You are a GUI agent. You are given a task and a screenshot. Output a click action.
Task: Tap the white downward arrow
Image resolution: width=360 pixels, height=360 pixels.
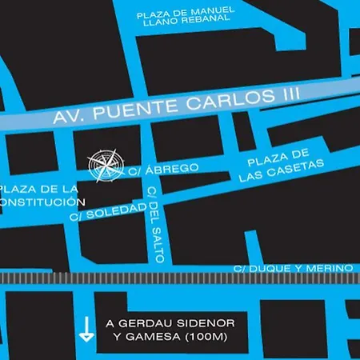click(x=82, y=328)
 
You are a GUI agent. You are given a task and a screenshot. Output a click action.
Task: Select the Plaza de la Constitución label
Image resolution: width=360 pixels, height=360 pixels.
click(x=40, y=196)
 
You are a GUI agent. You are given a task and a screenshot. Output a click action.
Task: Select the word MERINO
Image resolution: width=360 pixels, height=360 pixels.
click(x=330, y=267)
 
